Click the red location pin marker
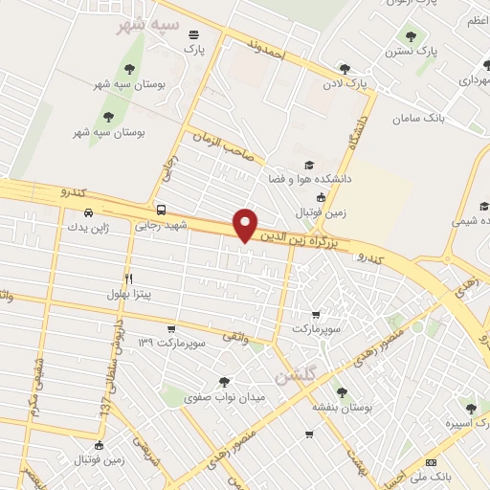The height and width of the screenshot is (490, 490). coord(246,225)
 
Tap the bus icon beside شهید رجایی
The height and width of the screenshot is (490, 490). coord(161,210)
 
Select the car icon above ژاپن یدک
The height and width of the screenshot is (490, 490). coord(87,212)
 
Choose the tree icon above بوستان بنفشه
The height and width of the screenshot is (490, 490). coord(342,392)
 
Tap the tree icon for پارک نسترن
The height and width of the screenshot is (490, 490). coord(411,36)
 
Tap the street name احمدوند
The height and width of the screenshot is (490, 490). coord(267,50)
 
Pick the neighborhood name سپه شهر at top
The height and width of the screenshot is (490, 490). coord(145,24)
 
